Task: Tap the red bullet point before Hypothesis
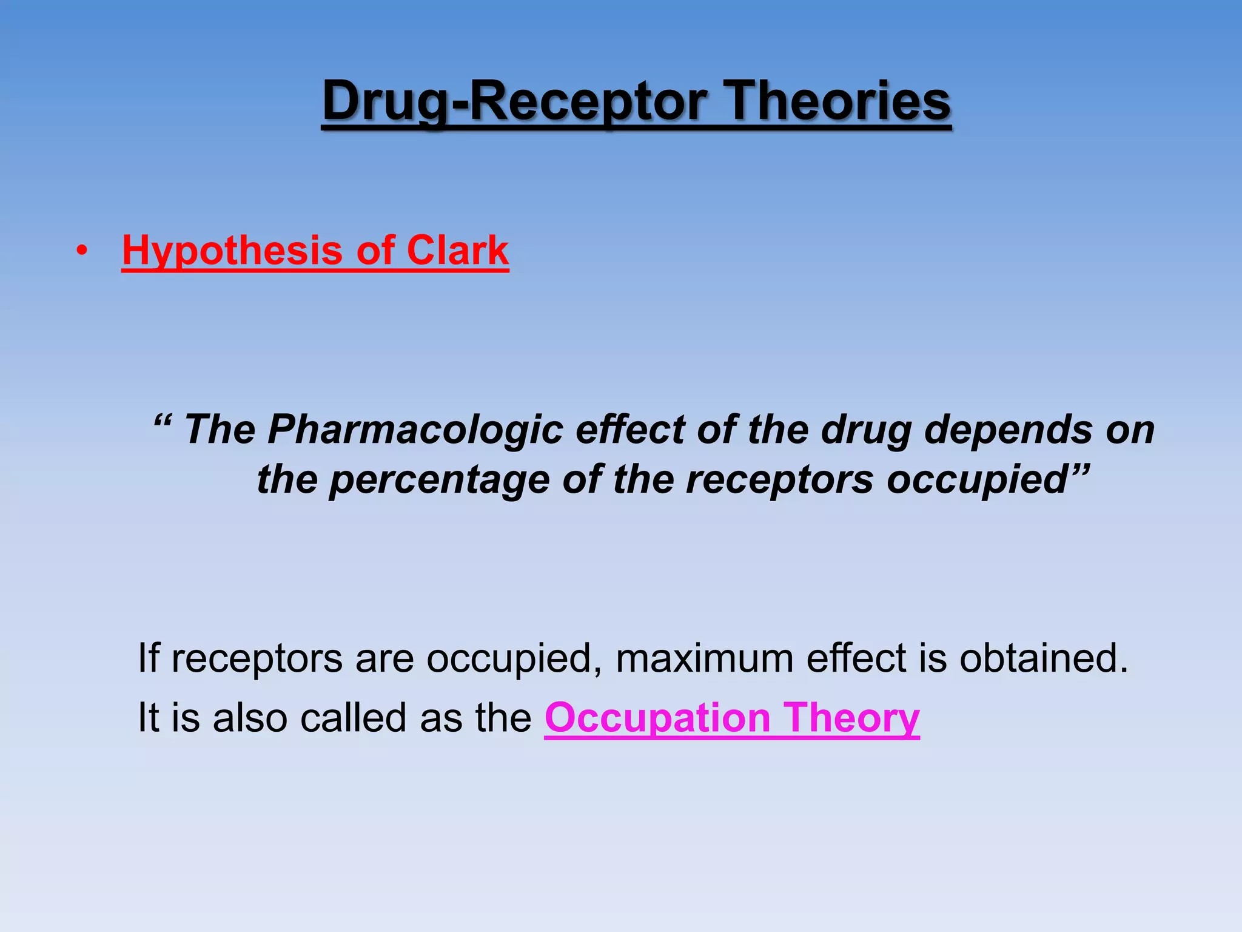click(82, 251)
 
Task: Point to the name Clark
click(457, 250)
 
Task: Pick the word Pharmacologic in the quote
click(415, 430)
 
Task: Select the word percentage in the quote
click(439, 479)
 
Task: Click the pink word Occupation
click(657, 718)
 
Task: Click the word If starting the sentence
click(148, 658)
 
